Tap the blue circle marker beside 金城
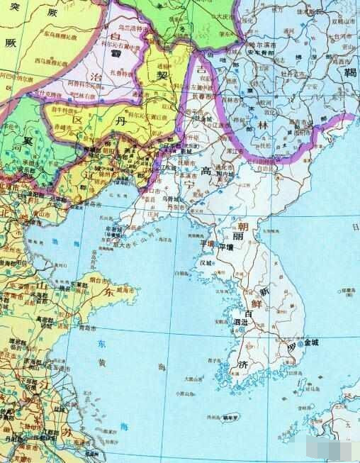[301, 343]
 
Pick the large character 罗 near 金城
[291, 347]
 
